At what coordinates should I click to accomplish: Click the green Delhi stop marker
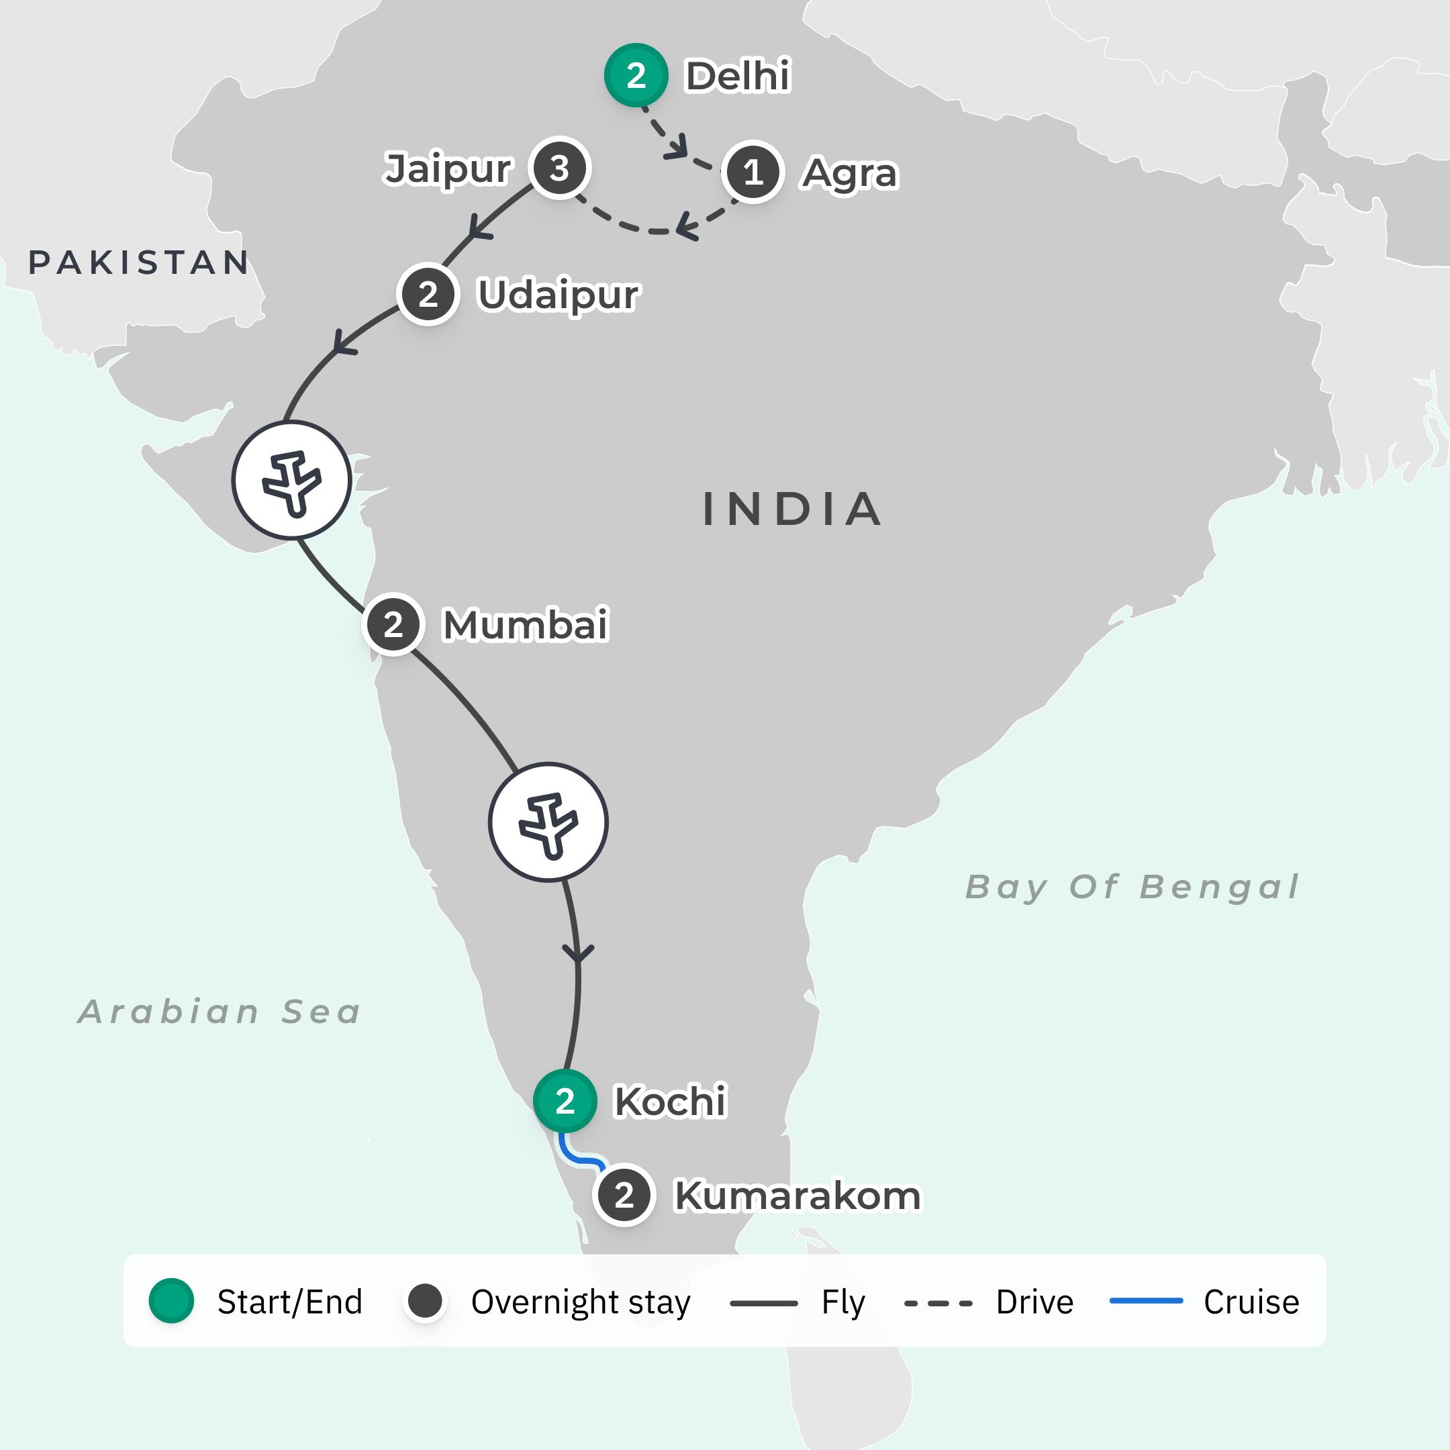coord(636,75)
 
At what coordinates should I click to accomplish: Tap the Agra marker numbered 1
coord(753,172)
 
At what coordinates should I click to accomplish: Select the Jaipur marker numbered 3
coord(559,168)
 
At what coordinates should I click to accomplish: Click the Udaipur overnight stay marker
coord(428,294)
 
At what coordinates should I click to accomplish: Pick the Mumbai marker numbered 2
coord(393,624)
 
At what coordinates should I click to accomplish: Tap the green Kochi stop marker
coord(565,1101)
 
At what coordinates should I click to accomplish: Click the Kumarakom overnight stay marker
coord(624,1196)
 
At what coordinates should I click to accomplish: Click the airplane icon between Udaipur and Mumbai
coord(291,481)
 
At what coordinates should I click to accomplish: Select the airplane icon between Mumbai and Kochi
coord(548,822)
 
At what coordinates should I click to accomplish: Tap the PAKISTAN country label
coord(139,262)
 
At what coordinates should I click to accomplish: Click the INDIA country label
coord(792,509)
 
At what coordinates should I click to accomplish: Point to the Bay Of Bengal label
coord(1132,886)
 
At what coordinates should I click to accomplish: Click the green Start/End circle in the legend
coord(171,1302)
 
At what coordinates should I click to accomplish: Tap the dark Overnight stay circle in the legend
coord(425,1302)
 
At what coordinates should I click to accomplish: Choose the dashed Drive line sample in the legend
coord(938,1303)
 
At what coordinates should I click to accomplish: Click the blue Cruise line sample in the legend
coord(1146,1301)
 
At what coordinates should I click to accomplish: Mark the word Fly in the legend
coord(843,1302)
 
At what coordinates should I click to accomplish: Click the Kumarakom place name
coord(797,1196)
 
